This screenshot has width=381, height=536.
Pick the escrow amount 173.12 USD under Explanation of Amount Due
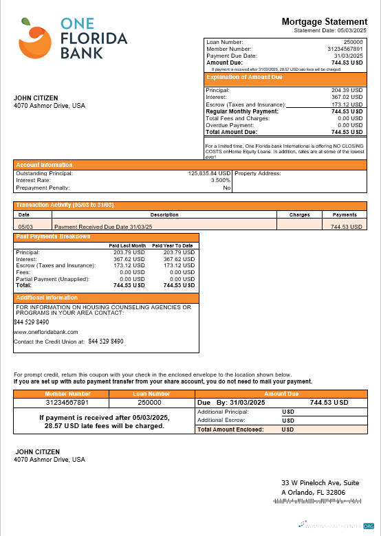coord(347,104)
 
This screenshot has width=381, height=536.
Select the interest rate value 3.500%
coord(220,181)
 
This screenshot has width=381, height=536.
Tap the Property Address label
coord(258,174)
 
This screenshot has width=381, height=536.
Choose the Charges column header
coord(299,214)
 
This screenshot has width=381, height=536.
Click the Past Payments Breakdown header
coord(53,237)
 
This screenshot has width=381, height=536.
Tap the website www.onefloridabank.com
coord(46,331)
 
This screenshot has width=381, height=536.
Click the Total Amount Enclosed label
coord(230,429)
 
